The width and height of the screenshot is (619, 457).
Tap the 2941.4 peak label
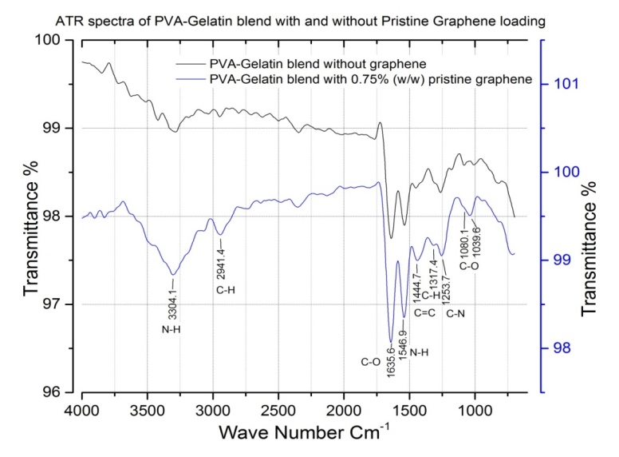point(221,256)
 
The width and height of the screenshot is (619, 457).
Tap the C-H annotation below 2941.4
point(225,289)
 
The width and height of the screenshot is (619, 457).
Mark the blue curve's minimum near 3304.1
point(172,274)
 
